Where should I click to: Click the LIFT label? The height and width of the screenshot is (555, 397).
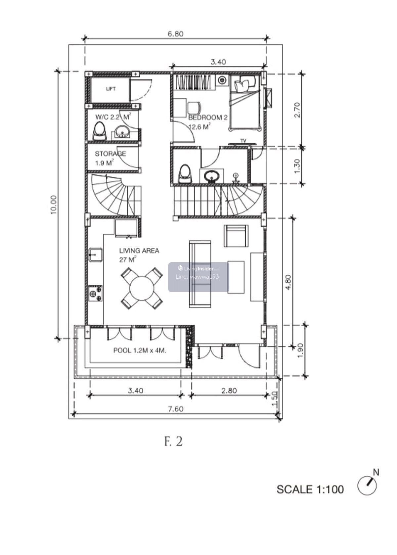pyautogui.click(x=110, y=88)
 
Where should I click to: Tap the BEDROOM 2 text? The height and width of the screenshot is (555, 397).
pyautogui.click(x=207, y=117)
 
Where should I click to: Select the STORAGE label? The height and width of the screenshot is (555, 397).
pyautogui.click(x=110, y=154)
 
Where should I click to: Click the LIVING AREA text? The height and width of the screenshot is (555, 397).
pyautogui.click(x=139, y=251)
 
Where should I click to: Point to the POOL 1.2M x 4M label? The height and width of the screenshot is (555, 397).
pyautogui.click(x=140, y=350)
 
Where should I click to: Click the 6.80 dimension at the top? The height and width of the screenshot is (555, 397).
pyautogui.click(x=175, y=34)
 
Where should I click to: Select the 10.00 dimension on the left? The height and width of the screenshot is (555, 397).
pyautogui.click(x=54, y=205)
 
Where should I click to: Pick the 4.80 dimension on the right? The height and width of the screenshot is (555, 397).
pyautogui.click(x=288, y=282)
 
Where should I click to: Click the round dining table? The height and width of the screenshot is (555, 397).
pyautogui.click(x=142, y=288)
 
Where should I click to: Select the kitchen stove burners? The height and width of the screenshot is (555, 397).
pyautogui.click(x=95, y=293)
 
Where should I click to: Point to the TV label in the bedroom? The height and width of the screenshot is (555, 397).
pyautogui.click(x=243, y=141)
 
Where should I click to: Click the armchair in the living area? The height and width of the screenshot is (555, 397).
pyautogui.click(x=236, y=236)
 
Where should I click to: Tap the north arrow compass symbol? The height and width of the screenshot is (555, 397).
pyautogui.click(x=367, y=486)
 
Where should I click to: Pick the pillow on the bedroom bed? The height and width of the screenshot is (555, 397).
pyautogui.click(x=245, y=83)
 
